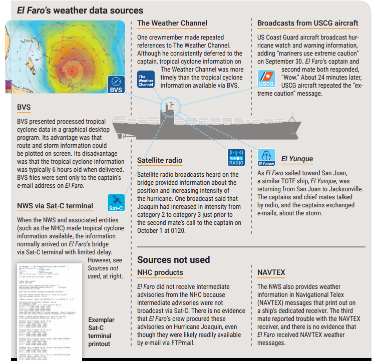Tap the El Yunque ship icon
(266, 157)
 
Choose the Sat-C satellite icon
(116, 203)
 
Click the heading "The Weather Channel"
(172, 23)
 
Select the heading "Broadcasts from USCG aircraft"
(307, 23)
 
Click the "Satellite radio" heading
(160, 160)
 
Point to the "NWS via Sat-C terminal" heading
(55, 205)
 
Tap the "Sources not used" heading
(174, 259)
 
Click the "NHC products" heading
(160, 272)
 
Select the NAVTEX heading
(271, 272)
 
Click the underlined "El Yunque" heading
(297, 159)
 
